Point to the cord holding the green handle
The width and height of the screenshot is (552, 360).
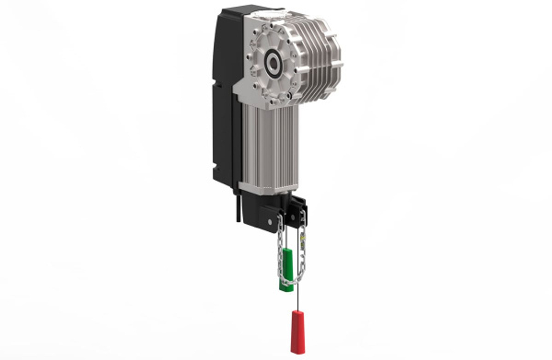point(286,243)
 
